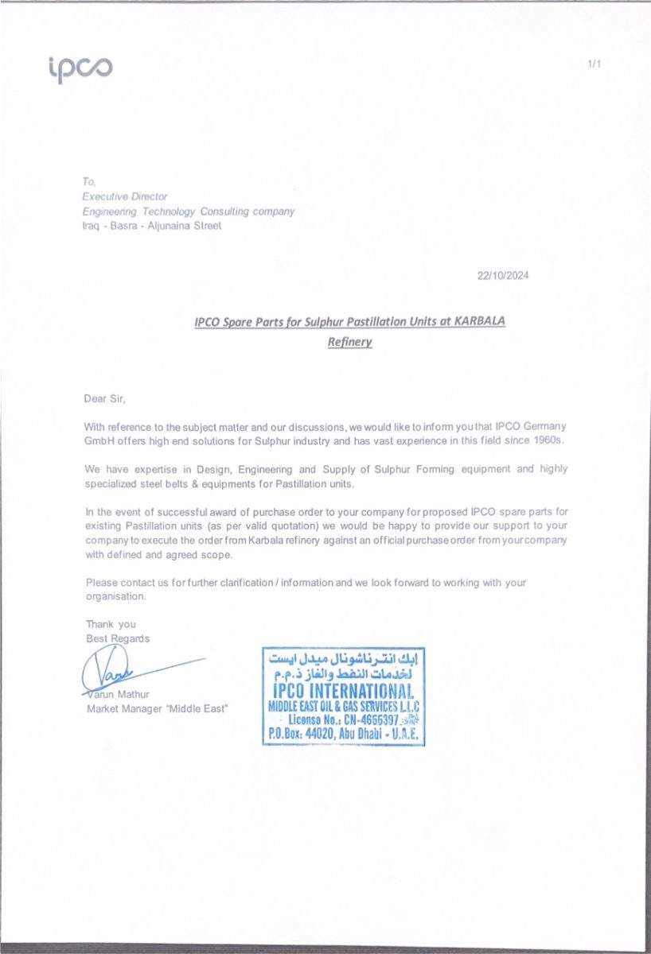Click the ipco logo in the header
pyautogui.click(x=80, y=69)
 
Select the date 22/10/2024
pyautogui.click(x=503, y=276)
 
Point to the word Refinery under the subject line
pyautogui.click(x=350, y=343)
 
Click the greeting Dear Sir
pyautogui.click(x=105, y=397)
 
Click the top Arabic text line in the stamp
pyautogui.click(x=343, y=659)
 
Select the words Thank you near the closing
pyautogui.click(x=111, y=624)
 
